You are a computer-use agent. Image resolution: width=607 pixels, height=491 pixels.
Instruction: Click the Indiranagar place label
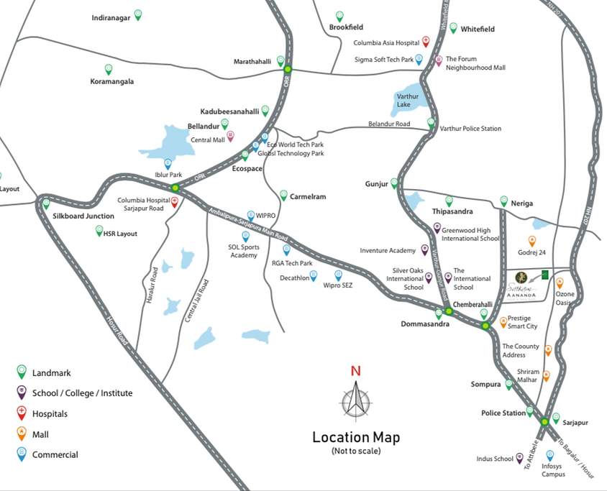pyautogui.click(x=111, y=17)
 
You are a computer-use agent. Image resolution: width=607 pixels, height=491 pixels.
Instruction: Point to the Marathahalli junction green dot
pyautogui.click(x=288, y=70)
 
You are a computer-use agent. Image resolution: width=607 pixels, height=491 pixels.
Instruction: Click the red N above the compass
pyautogui.click(x=355, y=372)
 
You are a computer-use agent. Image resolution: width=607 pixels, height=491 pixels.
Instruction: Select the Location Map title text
pyautogui.click(x=355, y=437)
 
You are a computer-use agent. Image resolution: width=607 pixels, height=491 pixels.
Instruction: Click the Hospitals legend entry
pyautogui.click(x=50, y=414)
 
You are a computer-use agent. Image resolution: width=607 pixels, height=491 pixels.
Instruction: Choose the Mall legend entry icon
pyautogui.click(x=22, y=433)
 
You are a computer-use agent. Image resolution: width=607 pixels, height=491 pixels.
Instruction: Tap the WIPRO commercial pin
pyautogui.click(x=250, y=215)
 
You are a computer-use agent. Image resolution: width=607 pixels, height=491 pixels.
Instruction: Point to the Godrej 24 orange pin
pyautogui.click(x=532, y=241)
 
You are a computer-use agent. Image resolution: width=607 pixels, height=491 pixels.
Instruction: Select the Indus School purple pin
pyautogui.click(x=519, y=458)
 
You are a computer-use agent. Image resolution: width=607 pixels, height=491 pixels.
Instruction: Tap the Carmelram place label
pyautogui.click(x=308, y=196)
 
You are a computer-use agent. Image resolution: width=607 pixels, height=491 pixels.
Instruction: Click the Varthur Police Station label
pyautogui.click(x=470, y=129)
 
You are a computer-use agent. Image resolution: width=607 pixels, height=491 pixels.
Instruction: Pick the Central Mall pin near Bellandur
pyautogui.click(x=230, y=136)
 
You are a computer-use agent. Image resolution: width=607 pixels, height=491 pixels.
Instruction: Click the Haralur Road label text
pyautogui.click(x=152, y=287)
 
